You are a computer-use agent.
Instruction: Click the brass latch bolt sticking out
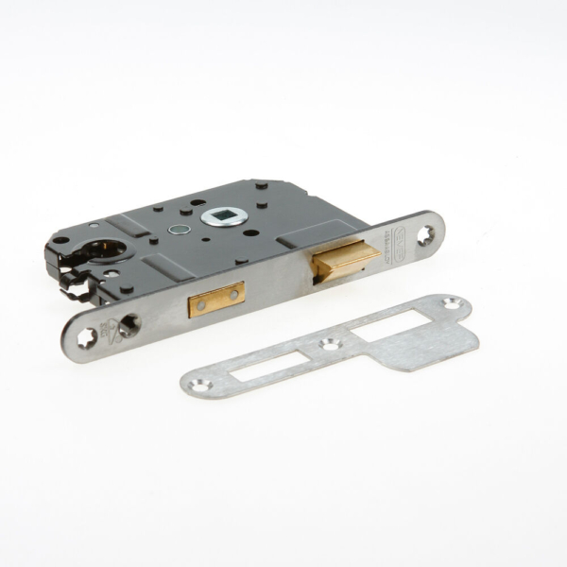click(346, 258)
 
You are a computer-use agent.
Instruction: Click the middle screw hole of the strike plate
click(330, 344)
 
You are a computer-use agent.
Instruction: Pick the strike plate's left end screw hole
click(200, 385)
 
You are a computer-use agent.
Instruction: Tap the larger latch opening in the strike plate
click(388, 325)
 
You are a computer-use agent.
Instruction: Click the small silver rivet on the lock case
click(176, 229)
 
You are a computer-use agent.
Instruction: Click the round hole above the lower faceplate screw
click(128, 324)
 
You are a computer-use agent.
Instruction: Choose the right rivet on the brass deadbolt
click(233, 293)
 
